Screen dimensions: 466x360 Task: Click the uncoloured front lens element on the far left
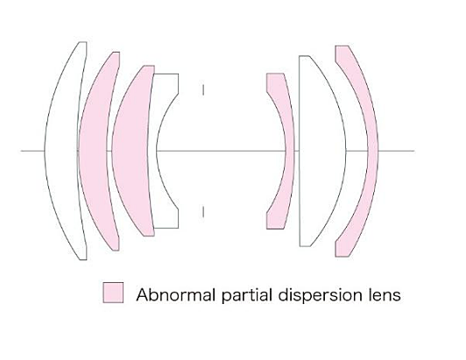pos(61,151)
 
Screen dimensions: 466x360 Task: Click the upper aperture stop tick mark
pos(203,89)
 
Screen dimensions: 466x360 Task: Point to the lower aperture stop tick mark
pos(203,212)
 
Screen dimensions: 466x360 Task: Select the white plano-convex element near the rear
pos(321,151)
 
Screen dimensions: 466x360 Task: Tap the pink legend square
pos(113,293)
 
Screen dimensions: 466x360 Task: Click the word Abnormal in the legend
pos(175,295)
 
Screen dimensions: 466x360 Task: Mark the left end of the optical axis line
pos(21,151)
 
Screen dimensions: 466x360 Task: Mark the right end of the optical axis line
pos(414,151)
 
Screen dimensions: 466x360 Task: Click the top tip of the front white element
pos(83,42)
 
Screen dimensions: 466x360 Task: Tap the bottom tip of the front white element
pos(83,260)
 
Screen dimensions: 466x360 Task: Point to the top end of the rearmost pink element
pos(342,46)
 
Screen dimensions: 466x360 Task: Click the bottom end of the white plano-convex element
pos(304,246)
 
